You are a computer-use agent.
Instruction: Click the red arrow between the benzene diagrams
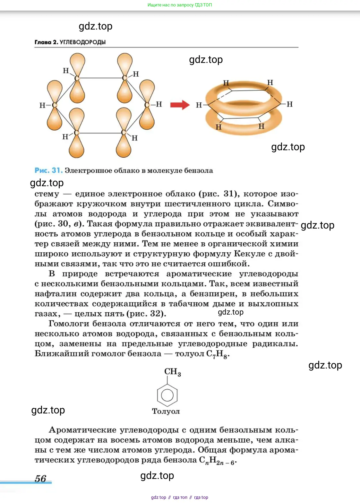point(180,105)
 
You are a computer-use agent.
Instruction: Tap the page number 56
point(40,478)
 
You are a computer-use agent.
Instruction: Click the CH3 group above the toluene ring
point(173,372)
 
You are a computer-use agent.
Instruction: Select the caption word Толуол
point(166,411)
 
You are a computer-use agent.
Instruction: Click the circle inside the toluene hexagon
point(167,395)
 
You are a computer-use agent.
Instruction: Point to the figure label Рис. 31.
point(48,170)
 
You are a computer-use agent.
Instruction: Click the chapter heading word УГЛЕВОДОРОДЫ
point(83,42)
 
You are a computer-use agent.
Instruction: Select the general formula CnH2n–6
point(218,461)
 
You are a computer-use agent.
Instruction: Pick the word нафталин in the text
point(56,294)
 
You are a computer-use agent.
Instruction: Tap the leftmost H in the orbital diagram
point(42,105)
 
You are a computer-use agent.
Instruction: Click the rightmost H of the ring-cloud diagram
point(289,104)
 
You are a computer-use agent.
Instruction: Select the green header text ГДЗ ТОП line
point(180,5)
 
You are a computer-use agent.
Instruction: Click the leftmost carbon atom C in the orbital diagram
point(54,105)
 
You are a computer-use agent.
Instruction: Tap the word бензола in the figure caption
point(198,170)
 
